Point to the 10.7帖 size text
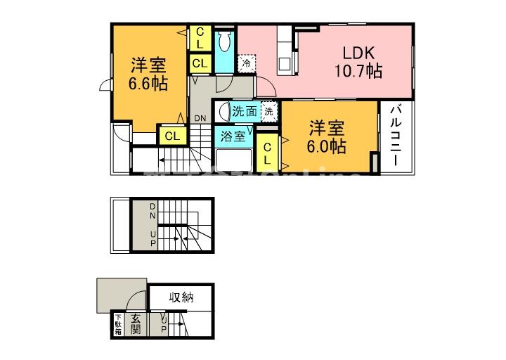coord(358,71)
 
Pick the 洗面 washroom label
coord(245,111)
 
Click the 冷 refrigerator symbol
coord(247,63)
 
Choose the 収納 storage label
coord(181,297)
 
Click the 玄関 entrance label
coord(136,325)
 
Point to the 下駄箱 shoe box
coord(118,324)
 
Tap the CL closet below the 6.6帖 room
coord(171,136)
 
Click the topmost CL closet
coord(200,37)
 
